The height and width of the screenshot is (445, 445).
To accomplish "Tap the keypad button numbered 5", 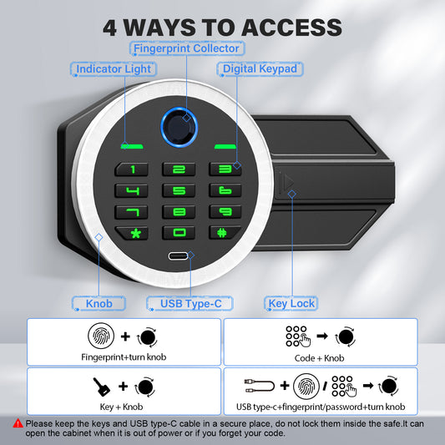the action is point(179,190).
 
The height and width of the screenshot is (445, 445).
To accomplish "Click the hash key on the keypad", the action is point(225,233).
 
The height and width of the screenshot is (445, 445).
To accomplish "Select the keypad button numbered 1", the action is point(131,169).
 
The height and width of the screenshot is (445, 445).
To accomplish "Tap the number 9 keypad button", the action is point(225,211).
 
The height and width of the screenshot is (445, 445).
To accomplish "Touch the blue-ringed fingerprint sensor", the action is point(179,127).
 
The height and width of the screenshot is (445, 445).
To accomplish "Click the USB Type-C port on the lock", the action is point(178,256).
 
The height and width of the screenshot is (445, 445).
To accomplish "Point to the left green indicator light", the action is point(132,146).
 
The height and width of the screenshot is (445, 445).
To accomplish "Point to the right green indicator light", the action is point(225,146).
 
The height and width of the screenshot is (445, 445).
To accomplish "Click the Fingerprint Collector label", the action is point(187,48).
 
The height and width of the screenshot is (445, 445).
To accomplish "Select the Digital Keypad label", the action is point(260,69).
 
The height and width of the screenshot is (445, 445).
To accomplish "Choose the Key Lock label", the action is point(291,303).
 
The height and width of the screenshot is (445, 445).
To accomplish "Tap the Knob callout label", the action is point(99,303).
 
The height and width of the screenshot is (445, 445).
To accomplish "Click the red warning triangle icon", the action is point(18,423).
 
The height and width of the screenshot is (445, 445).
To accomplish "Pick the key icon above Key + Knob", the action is point(101,387).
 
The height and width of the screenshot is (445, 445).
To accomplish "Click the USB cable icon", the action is point(260,386).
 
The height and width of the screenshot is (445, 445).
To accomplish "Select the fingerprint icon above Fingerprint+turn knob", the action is point(101,336).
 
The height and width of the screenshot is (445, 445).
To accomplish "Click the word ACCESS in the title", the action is point(291,28).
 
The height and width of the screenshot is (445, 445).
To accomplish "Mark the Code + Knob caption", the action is point(319,358).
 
